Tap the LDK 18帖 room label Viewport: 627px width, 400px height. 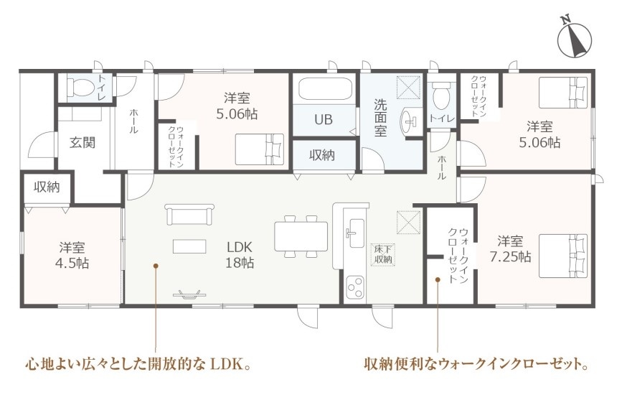pos(240,255)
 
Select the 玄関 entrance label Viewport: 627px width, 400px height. pos(82,142)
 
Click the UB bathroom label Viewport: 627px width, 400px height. pos(323,120)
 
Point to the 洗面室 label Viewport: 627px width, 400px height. pos(380,118)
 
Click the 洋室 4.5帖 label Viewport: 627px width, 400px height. pos(72,255)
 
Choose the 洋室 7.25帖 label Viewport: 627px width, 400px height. pos(511,249)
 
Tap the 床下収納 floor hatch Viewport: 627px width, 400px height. pos(382,254)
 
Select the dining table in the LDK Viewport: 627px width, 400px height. pos(301,237)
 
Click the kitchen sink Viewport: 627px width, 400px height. pos(354,233)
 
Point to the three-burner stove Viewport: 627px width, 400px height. pos(354,287)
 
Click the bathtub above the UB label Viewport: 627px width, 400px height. pos(326,90)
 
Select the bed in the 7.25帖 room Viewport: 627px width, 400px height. pos(563,256)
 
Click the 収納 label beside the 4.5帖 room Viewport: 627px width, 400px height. pos(47,187)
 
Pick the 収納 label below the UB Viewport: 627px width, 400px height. pos(322,155)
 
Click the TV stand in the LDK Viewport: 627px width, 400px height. pos(190,295)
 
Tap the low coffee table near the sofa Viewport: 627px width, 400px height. pos(189,246)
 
